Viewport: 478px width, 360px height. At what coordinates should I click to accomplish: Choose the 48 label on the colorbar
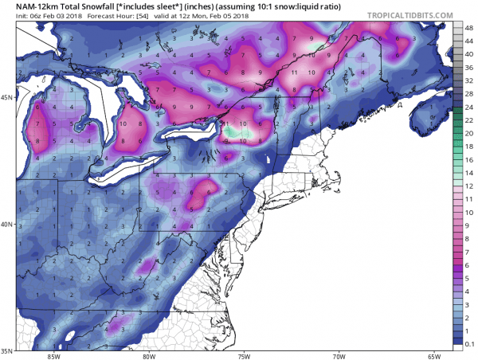(x=468, y=27)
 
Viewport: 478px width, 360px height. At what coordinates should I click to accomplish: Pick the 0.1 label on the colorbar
(x=468, y=343)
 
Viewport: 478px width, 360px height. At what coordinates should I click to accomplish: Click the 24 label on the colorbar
(x=468, y=106)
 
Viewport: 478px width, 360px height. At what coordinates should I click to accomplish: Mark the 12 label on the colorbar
(x=468, y=185)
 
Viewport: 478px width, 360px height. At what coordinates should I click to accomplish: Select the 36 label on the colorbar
(x=468, y=67)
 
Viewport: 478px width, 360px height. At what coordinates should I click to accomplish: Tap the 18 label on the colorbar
(x=468, y=146)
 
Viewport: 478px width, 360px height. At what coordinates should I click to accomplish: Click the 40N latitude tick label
(x=7, y=225)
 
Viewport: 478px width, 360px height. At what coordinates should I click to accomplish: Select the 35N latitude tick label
(x=7, y=350)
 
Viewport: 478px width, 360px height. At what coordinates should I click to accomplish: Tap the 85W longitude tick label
(x=54, y=356)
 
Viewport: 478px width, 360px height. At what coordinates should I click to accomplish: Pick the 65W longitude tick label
(x=433, y=356)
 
